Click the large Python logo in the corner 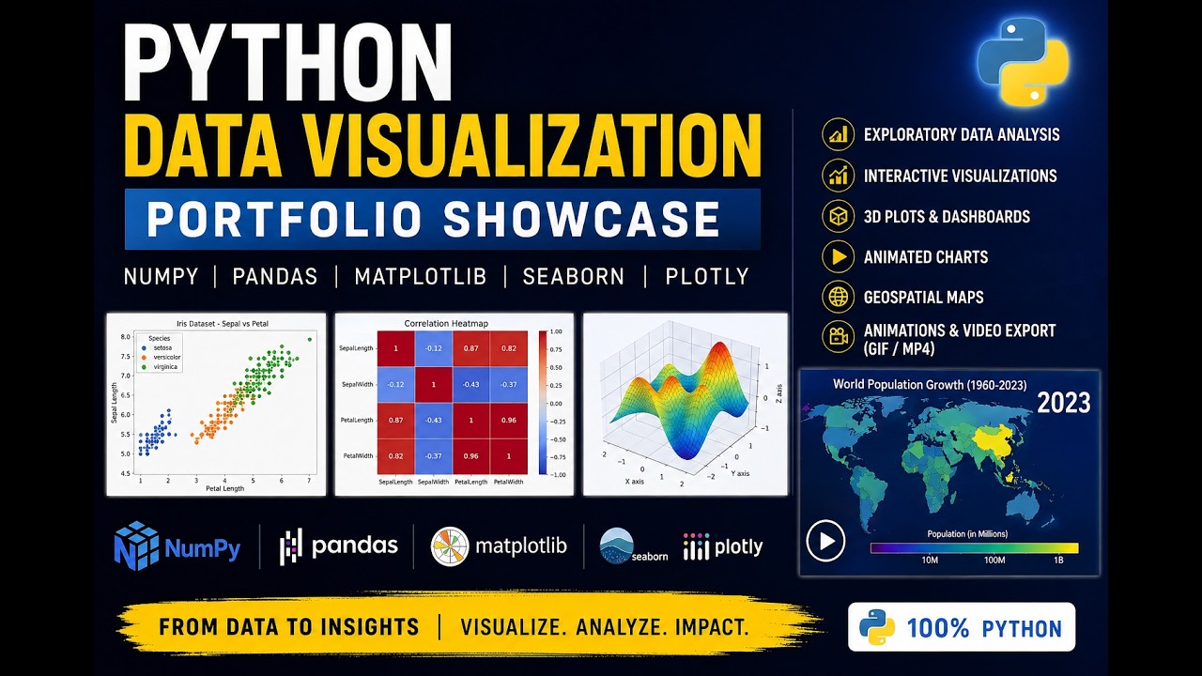[x=1023, y=62]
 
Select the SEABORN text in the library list [x=574, y=277]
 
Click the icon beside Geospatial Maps [x=839, y=297]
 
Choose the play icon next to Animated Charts [x=839, y=256]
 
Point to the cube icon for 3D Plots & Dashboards [x=839, y=216]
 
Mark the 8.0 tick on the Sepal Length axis [x=126, y=337]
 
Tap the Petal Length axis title [x=224, y=488]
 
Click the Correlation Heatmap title [x=446, y=324]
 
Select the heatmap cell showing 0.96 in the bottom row [x=470, y=456]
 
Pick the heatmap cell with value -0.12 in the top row [x=433, y=348]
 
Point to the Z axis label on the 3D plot [x=779, y=393]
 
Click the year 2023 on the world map [x=1064, y=403]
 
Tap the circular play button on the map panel [x=825, y=541]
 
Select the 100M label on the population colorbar [x=994, y=561]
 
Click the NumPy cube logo [x=136, y=545]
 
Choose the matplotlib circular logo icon [x=450, y=546]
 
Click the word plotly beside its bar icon [x=738, y=547]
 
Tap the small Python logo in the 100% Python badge [x=877, y=627]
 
